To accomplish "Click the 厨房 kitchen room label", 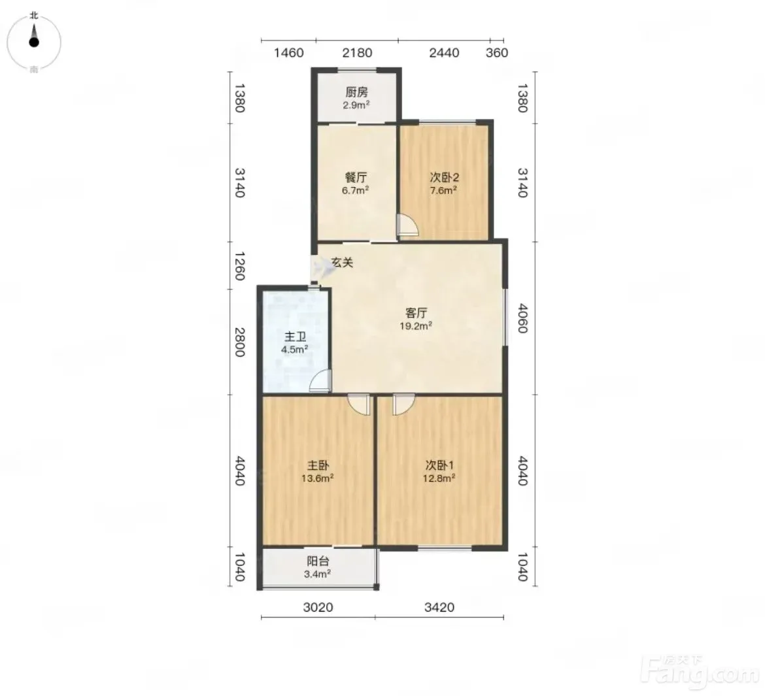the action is (x=356, y=91).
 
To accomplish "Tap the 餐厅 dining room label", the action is (x=356, y=178).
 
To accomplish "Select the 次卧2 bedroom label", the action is (x=444, y=178).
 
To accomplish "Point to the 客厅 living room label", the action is (x=416, y=312).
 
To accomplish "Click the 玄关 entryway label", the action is (x=342, y=263).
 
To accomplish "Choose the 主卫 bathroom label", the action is (x=295, y=337).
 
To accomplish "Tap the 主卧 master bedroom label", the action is (x=318, y=465).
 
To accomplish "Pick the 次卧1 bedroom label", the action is (x=439, y=465).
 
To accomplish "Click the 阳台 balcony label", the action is (x=318, y=561).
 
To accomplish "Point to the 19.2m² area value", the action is (x=416, y=326).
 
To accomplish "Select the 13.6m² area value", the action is (x=317, y=478).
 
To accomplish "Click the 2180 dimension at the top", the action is (x=357, y=53).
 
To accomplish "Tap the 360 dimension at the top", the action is (x=497, y=53).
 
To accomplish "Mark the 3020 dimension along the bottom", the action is (x=318, y=607).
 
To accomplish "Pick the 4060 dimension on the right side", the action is (x=522, y=318).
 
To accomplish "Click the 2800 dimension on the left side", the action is (x=239, y=342).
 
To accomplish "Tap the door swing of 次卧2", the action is (x=407, y=226).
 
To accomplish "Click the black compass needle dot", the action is (x=33, y=42).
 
